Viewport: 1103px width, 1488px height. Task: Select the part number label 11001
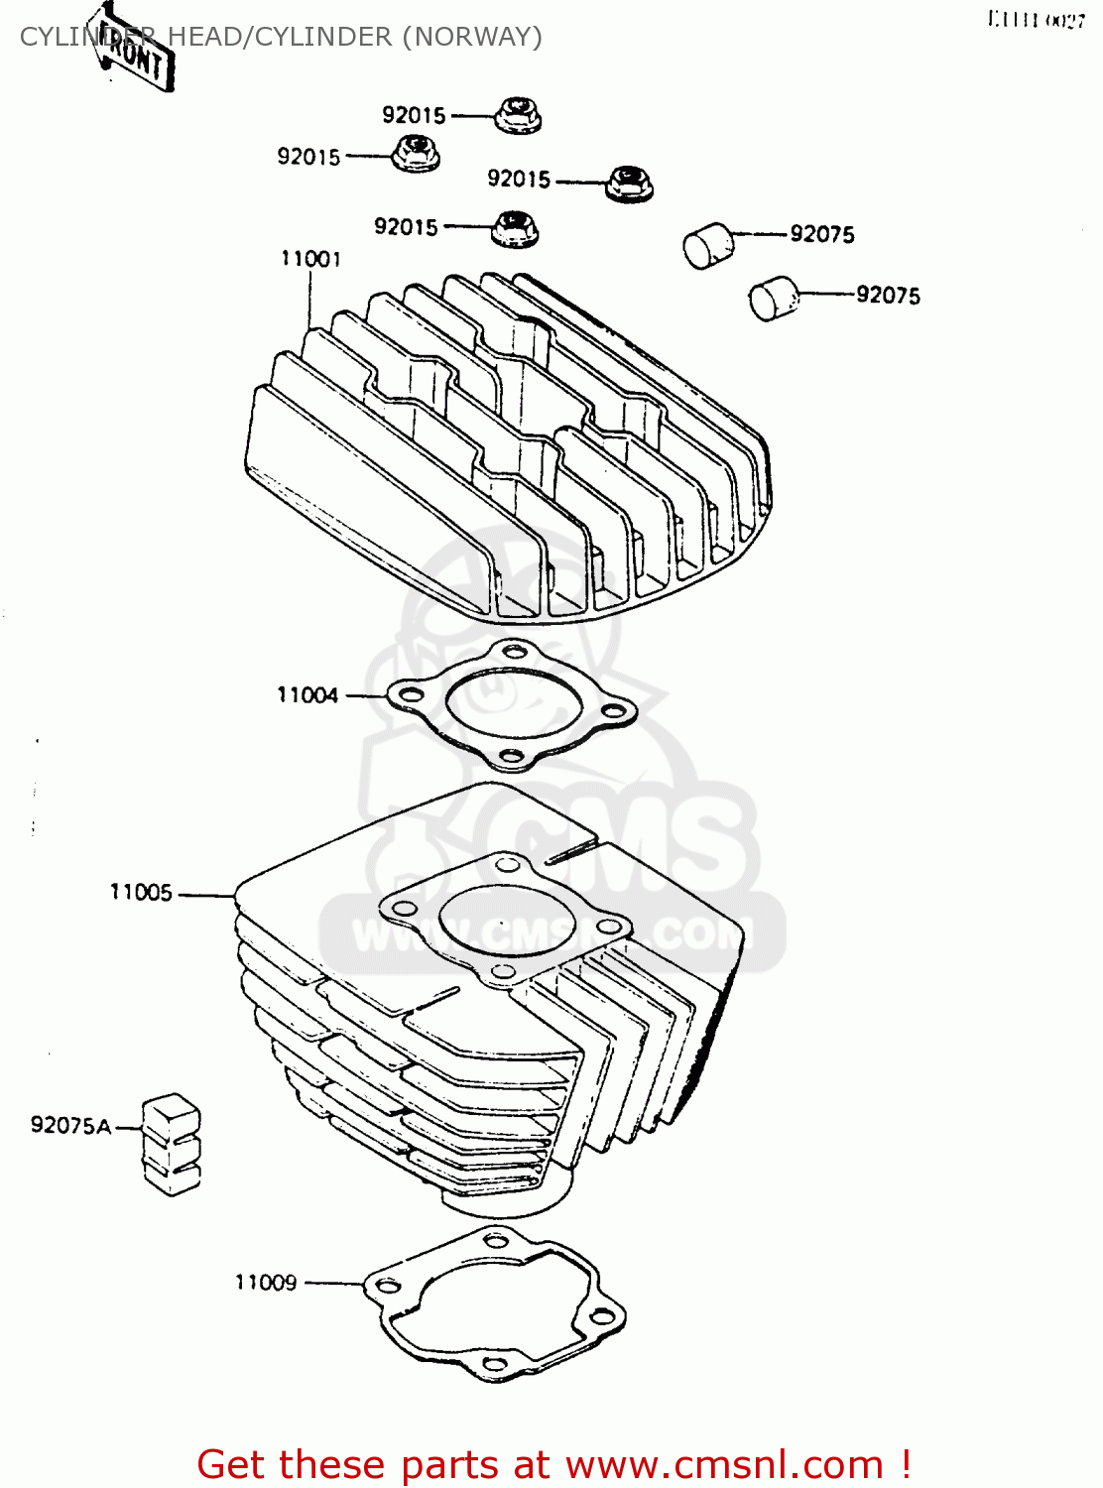point(310,259)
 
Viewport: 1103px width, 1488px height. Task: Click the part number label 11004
point(307,695)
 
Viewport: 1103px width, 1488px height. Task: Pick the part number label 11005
point(141,893)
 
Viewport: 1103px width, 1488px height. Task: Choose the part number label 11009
point(266,1283)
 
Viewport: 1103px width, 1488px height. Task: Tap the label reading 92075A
point(70,1125)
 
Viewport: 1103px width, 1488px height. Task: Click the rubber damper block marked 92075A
point(172,1144)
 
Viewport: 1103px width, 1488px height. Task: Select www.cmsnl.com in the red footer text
point(724,1464)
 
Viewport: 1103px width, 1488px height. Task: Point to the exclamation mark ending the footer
point(905,1464)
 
